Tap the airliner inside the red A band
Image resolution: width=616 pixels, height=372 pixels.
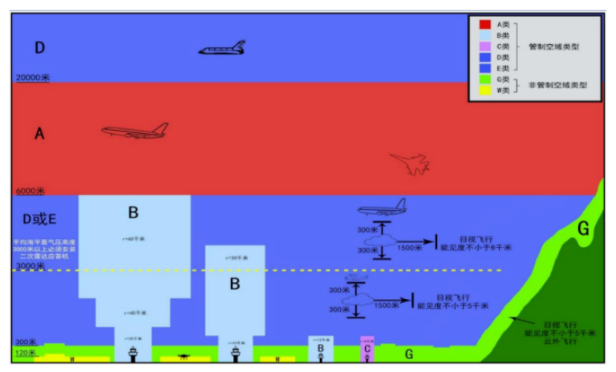pos(135,131)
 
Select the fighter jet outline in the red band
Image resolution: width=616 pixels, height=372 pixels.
pos(409,164)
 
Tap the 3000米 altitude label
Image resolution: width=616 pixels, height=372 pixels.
pos(30,265)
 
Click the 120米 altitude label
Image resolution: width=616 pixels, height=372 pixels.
pos(26,353)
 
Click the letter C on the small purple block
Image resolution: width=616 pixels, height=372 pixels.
pos(367,349)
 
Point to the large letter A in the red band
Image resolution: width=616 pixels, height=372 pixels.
pos(38,135)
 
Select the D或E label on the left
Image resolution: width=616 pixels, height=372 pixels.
pos(38,217)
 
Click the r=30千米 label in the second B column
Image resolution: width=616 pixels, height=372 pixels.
pos(235,258)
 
